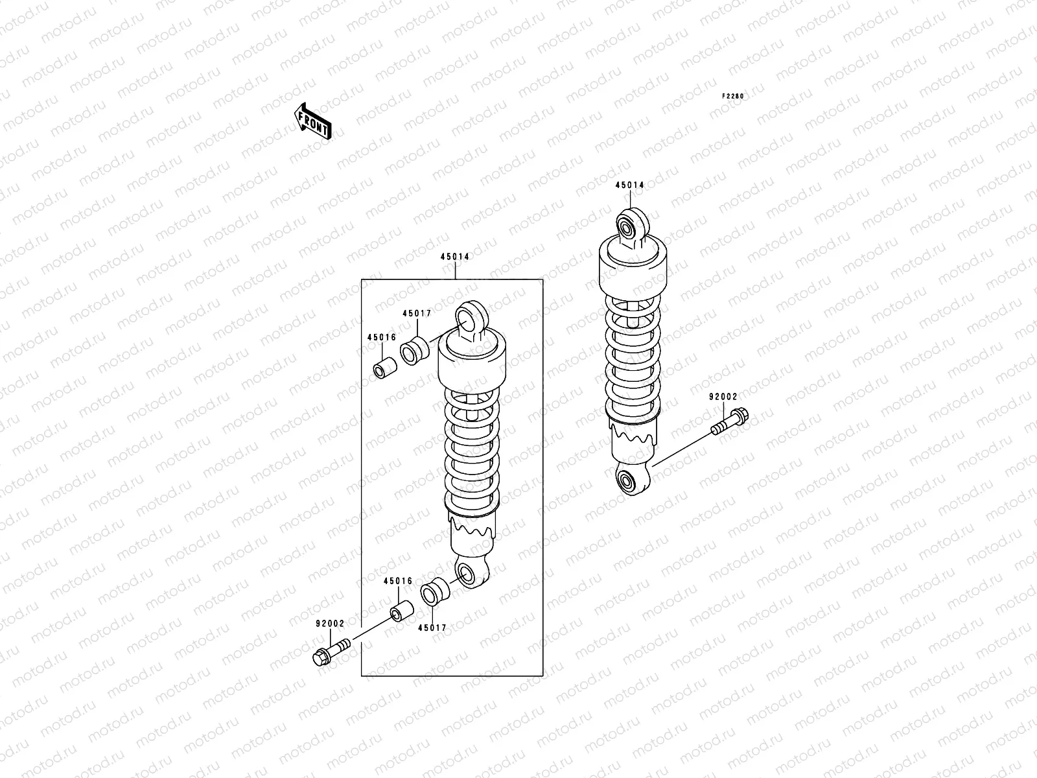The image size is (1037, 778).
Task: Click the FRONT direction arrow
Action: tap(314, 121)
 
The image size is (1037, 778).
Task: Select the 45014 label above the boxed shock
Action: tap(455, 257)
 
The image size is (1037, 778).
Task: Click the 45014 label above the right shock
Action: tap(629, 185)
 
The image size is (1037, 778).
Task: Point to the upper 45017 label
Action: tap(416, 313)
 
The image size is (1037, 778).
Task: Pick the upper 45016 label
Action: tap(381, 338)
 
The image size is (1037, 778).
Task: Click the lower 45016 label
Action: tap(397, 582)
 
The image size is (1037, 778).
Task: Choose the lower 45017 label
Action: tap(432, 628)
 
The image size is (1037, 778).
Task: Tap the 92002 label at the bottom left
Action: tap(330, 624)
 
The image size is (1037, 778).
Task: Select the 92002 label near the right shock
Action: tap(723, 396)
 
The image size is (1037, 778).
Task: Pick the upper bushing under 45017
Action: tap(415, 350)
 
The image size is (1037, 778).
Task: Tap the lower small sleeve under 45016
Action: tap(401, 610)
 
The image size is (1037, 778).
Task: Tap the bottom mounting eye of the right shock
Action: tap(627, 481)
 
